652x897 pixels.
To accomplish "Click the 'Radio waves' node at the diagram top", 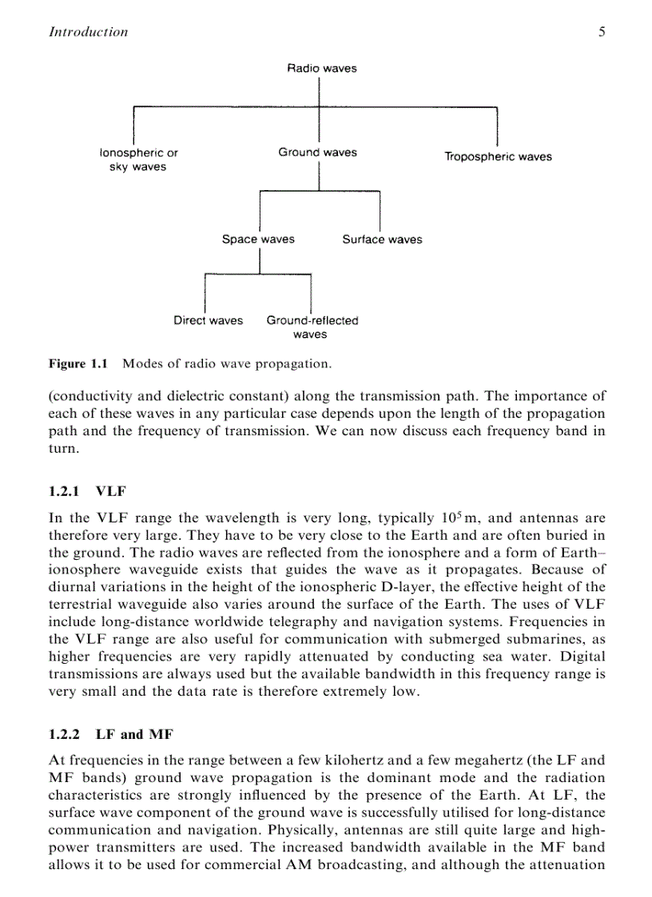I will (322, 68).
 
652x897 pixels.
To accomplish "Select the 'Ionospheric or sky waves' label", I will (138, 159).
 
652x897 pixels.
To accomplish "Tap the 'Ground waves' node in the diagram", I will (317, 152).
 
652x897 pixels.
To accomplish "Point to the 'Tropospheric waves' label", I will (498, 157).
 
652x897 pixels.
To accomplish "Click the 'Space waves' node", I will (258, 239).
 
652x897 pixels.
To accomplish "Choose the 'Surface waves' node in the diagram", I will (382, 239).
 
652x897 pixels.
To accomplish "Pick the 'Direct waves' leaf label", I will (208, 320).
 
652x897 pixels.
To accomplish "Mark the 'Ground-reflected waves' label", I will (312, 327).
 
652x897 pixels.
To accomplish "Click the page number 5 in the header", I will (600, 32).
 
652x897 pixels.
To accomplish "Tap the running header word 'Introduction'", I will (88, 32).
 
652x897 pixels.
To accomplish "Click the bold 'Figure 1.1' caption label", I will (78, 363).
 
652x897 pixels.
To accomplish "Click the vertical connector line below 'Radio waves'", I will (320, 92).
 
